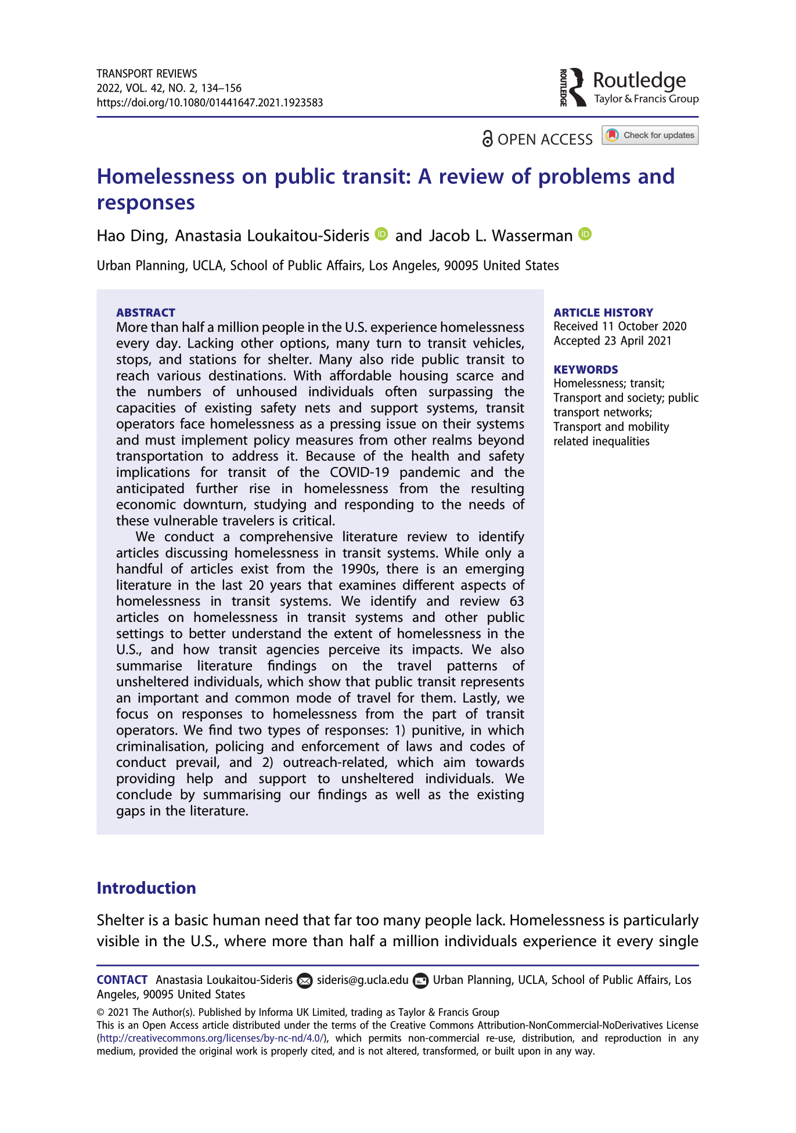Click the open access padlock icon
[488, 139]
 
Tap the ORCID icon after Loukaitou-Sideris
[381, 234]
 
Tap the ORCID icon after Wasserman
[585, 234]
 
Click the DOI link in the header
[210, 103]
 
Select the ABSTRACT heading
[146, 313]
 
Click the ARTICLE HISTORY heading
[603, 313]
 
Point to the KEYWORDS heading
[586, 370]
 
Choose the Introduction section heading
[146, 888]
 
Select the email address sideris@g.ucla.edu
[363, 980]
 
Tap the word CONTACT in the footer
[122, 980]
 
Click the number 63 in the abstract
[517, 601]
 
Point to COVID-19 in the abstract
[359, 472]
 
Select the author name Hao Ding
[132, 236]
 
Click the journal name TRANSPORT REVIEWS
[147, 74]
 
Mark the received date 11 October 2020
[644, 326]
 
